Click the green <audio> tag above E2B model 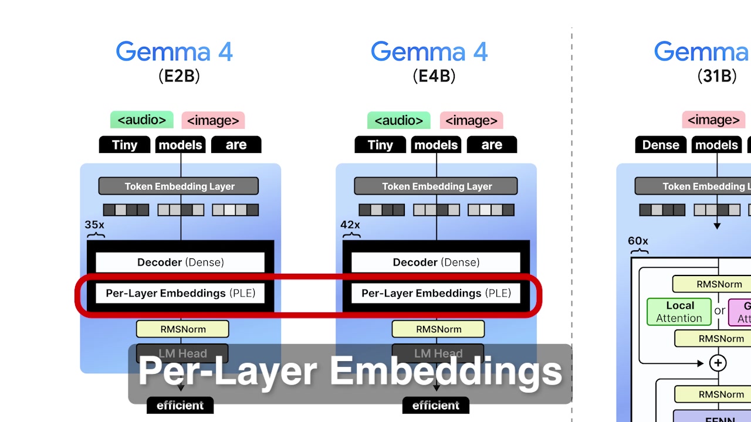coord(142,120)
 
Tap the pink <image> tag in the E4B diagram coord(471,121)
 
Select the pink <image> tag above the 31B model coord(713,120)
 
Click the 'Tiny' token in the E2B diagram coord(124,145)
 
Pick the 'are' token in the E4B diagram coord(492,145)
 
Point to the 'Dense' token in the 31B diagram coord(661,145)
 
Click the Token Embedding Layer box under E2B coord(178,186)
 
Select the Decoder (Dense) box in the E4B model coord(435,262)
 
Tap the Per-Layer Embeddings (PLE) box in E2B coord(180,293)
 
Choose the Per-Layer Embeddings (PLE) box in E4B coord(435,293)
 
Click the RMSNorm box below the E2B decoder coord(182,329)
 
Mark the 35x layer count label coord(94,225)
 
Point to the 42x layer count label coord(350,225)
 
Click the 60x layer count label coord(638,241)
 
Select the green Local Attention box coord(679,312)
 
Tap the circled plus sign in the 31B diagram coord(718,363)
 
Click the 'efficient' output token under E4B coord(435,405)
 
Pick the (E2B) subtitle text coord(179,76)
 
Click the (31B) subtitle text coord(717,76)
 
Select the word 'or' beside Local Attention coord(720,311)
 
